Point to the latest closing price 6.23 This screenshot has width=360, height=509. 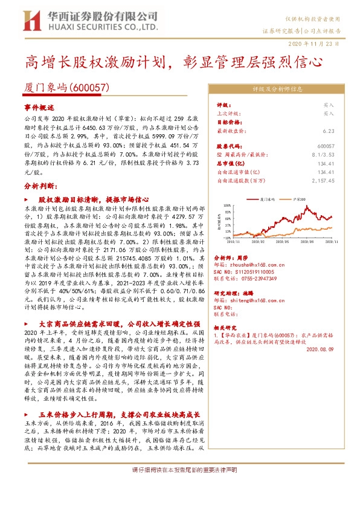click(x=329, y=131)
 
